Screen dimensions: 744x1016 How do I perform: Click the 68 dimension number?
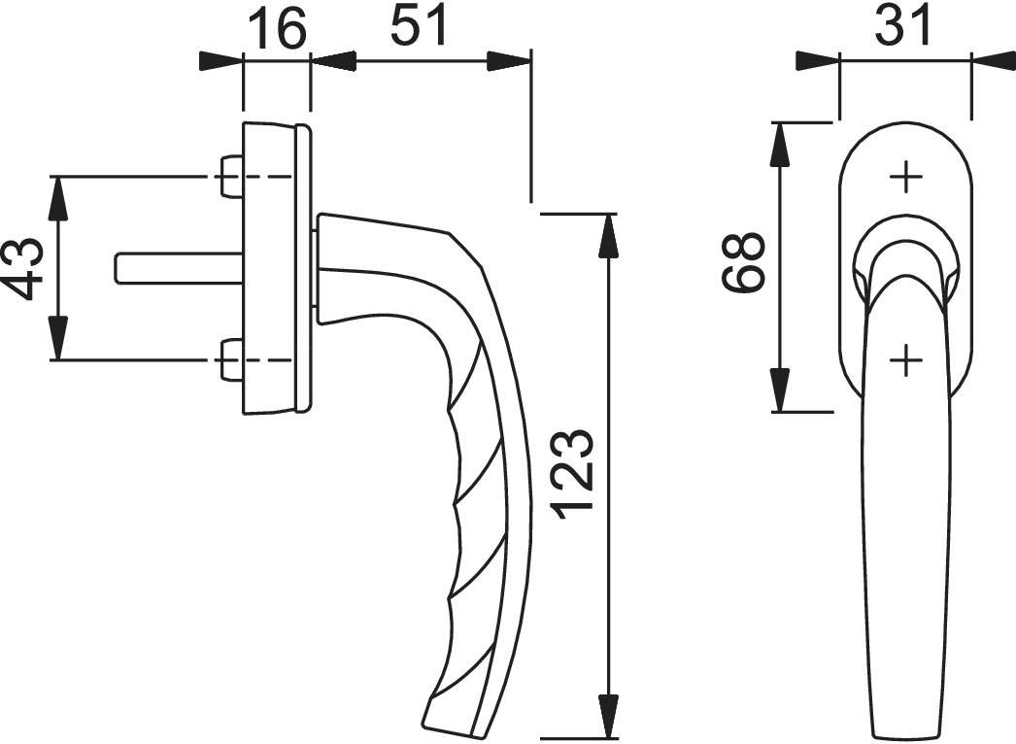pyautogui.click(x=745, y=262)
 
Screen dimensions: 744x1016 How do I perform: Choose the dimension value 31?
pyautogui.click(x=904, y=26)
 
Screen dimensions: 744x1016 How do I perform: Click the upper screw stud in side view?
pyautogui.click(x=230, y=177)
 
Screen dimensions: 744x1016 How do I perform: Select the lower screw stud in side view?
pyautogui.click(x=230, y=360)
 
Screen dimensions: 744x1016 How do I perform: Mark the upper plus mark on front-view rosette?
pyautogui.click(x=905, y=177)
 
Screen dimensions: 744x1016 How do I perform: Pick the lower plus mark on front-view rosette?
pyautogui.click(x=905, y=361)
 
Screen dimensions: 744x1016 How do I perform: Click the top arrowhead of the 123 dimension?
pyautogui.click(x=609, y=233)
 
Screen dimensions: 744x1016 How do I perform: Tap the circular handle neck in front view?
pyautogui.click(x=905, y=254)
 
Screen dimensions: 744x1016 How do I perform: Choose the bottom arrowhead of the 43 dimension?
pyautogui.click(x=59, y=341)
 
